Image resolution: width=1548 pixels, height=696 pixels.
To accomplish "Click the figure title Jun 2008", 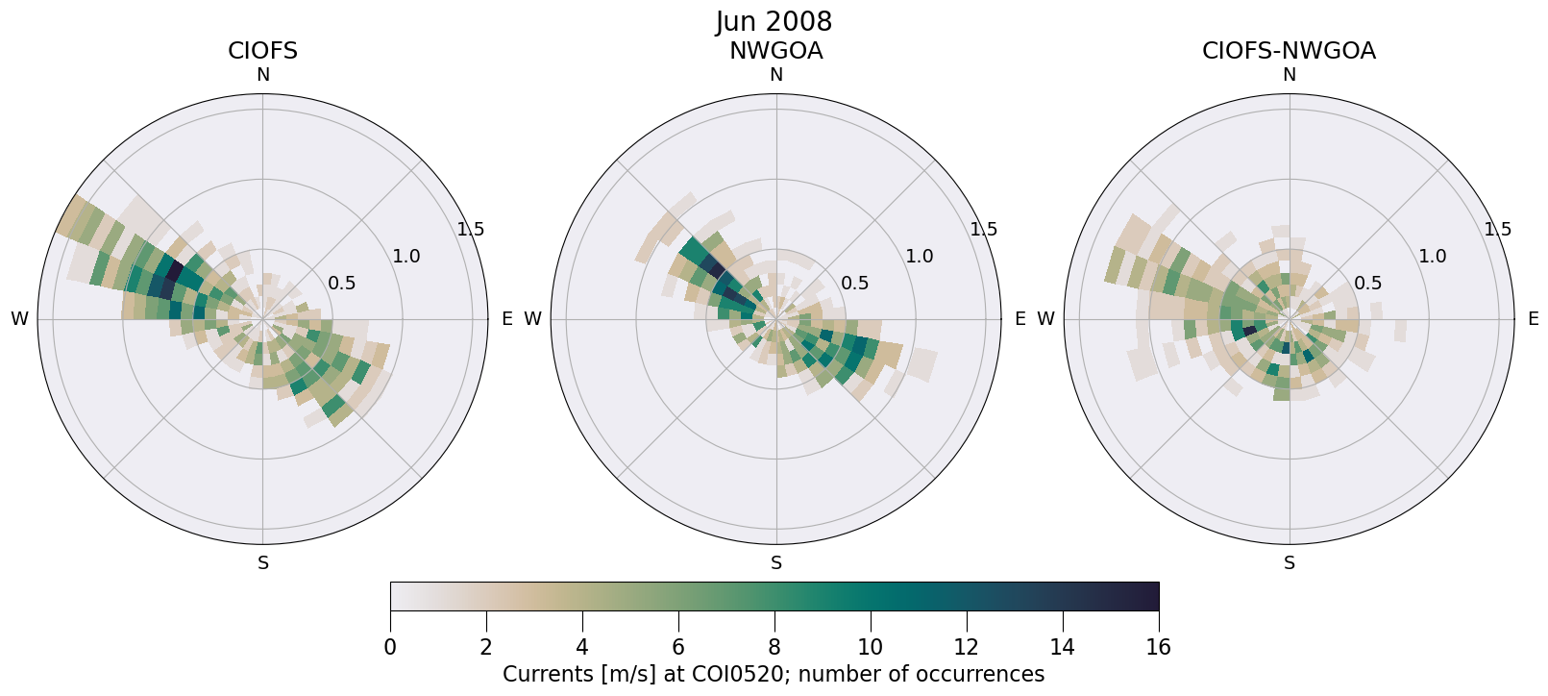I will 774,21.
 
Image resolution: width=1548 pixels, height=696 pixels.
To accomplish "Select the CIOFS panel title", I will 262,51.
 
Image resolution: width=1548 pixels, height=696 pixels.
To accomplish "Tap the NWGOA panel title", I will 775,51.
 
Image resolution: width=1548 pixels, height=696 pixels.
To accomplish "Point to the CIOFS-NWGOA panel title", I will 1289,51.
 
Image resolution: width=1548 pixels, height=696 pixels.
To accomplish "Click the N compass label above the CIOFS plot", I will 262,75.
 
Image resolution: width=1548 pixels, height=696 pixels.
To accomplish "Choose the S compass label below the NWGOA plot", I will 776,563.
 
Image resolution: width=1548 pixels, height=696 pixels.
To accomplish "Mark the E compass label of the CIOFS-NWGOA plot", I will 1533,319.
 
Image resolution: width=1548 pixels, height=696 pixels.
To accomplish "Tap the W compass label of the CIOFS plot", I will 19,319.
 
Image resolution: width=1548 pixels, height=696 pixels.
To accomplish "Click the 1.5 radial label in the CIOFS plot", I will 471,230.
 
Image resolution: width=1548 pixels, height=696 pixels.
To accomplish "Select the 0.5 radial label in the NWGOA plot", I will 855,284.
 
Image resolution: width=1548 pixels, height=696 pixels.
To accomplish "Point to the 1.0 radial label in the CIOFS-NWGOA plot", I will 1433,257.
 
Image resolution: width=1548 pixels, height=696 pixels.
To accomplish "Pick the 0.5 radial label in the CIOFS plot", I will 342,284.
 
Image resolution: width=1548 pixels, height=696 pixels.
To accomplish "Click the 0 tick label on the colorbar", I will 390,647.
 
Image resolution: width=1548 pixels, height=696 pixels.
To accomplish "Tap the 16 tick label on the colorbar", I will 1158,647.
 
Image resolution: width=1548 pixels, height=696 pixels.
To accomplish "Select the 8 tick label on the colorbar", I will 774,647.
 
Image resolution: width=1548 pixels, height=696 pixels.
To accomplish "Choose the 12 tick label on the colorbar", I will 966,647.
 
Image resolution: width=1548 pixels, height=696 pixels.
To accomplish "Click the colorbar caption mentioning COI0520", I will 774,674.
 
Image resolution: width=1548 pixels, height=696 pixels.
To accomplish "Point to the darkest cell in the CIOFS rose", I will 175,270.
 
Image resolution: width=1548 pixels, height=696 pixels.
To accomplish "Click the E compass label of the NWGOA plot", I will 1020,319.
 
